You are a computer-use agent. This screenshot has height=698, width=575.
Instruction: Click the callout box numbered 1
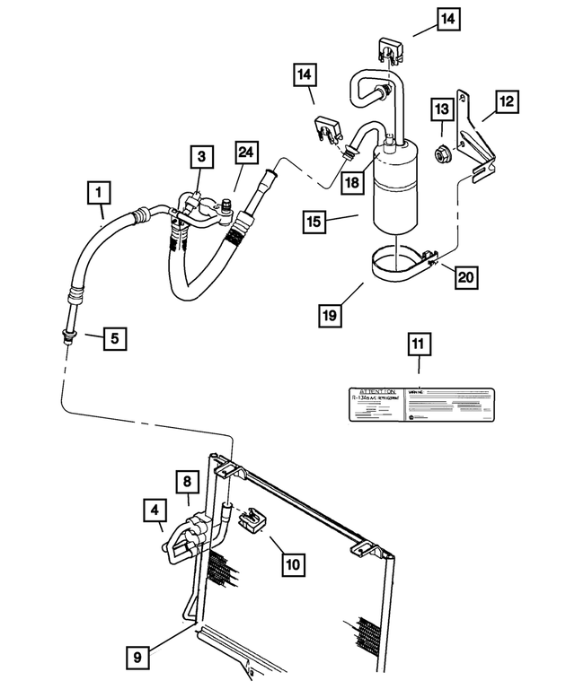(x=99, y=191)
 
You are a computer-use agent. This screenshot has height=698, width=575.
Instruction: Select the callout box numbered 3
(x=201, y=157)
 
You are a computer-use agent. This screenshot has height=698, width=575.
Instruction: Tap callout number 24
(x=244, y=153)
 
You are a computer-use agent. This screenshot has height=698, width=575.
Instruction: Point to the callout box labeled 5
(x=113, y=338)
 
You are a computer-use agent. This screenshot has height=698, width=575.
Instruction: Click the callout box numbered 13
(x=441, y=109)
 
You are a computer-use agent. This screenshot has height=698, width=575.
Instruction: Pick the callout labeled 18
(x=352, y=182)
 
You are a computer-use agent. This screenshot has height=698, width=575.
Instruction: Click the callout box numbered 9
(x=137, y=658)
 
